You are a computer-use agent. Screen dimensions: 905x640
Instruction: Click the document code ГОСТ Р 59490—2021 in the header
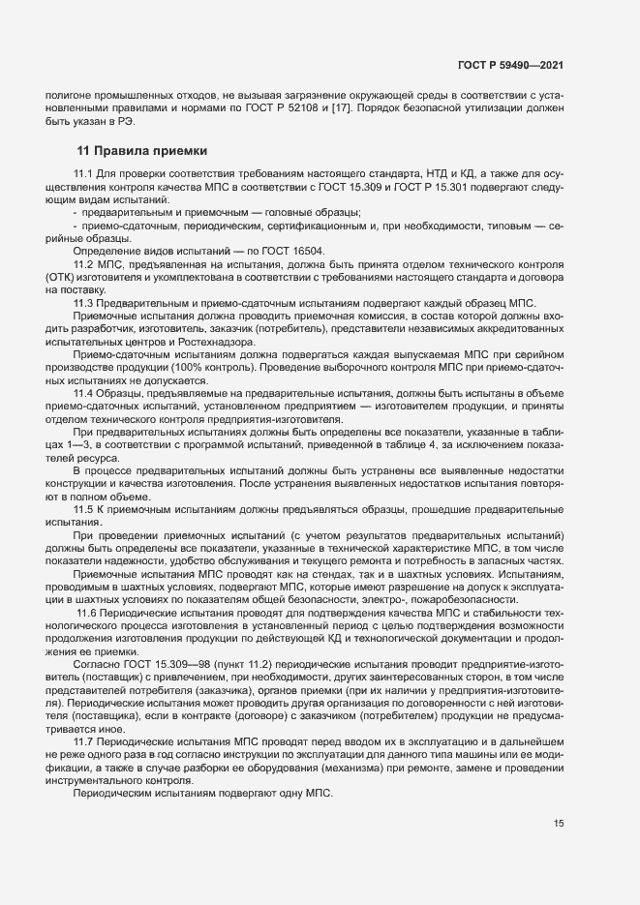pos(510,65)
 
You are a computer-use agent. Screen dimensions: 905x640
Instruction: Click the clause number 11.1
pos(83,173)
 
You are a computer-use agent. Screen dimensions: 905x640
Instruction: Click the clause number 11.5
pos(83,508)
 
